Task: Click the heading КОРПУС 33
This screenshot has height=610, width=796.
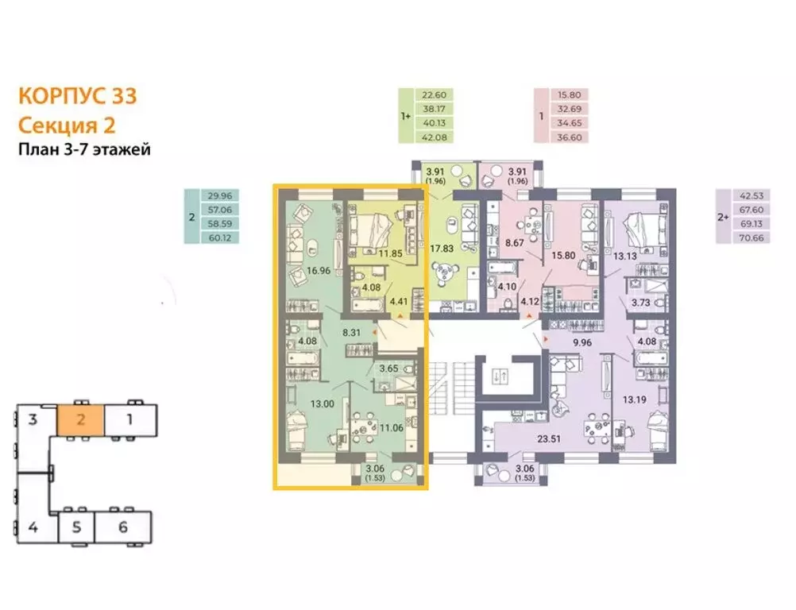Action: click(x=77, y=96)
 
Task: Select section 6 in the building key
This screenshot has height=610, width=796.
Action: click(x=122, y=526)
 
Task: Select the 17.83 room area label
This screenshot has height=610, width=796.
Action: click(x=442, y=248)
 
